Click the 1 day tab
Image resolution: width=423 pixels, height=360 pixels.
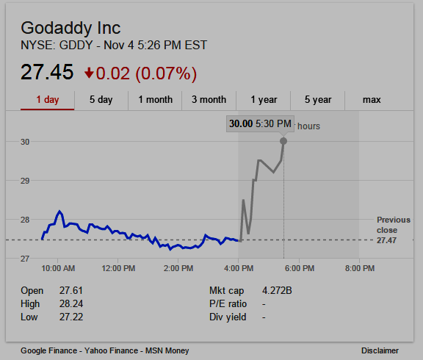click(x=48, y=100)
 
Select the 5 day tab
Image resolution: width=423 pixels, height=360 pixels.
click(x=101, y=100)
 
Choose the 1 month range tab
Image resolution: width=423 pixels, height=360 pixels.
click(x=156, y=100)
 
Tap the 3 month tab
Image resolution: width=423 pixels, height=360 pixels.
click(x=209, y=100)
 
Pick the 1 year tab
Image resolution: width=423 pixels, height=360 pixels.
click(x=264, y=100)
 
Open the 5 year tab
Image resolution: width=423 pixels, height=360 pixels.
click(x=318, y=100)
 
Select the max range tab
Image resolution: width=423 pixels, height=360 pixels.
click(x=372, y=100)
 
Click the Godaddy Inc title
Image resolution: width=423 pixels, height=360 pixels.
click(x=70, y=28)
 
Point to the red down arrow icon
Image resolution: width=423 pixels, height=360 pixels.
click(x=89, y=73)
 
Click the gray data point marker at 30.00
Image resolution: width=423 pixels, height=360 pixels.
click(x=283, y=141)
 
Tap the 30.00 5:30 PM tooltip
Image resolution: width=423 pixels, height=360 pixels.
click(x=260, y=124)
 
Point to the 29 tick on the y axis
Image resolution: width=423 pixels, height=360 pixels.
click(x=25, y=181)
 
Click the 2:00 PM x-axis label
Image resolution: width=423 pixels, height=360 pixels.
click(x=178, y=268)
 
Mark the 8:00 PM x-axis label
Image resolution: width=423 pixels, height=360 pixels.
click(x=360, y=268)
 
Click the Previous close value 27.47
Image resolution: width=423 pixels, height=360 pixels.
click(x=386, y=240)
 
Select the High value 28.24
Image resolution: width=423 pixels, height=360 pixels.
click(x=71, y=304)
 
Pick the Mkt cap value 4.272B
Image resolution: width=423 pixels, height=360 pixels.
click(x=277, y=291)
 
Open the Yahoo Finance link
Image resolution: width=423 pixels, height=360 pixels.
click(x=111, y=350)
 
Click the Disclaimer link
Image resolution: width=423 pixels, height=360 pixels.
click(x=380, y=350)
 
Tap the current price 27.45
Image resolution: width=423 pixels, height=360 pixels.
click(x=47, y=72)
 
